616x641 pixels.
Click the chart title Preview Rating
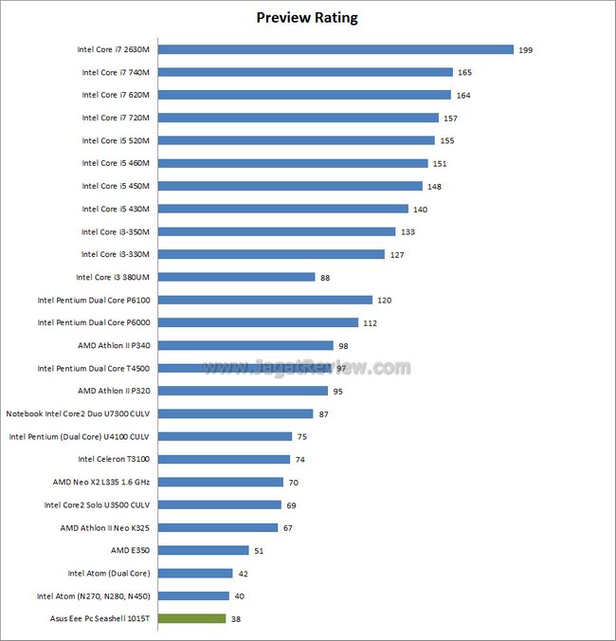[x=307, y=18]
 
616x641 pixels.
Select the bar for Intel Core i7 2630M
[x=335, y=49]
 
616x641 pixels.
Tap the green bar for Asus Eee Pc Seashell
[x=191, y=618]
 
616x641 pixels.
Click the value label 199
[x=526, y=49]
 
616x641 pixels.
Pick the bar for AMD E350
[x=203, y=550]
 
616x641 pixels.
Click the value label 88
[x=326, y=277]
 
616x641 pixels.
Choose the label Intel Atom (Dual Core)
[x=109, y=573]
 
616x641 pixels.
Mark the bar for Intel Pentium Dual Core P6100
[x=265, y=300]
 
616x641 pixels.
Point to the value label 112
[x=371, y=322]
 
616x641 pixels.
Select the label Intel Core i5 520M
[x=117, y=140]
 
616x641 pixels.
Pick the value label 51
[x=259, y=550]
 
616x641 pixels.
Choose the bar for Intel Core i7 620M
[x=304, y=95]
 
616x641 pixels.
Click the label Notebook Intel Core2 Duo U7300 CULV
[x=78, y=413]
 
